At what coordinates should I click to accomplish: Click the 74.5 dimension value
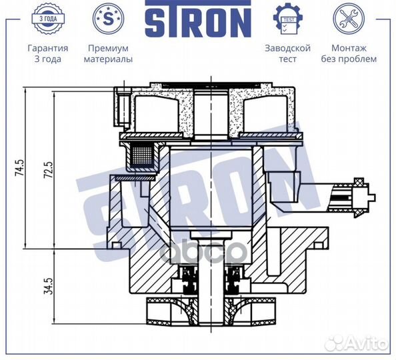[20, 168]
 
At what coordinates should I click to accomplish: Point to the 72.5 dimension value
[49, 170]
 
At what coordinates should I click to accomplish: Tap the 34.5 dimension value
[49, 285]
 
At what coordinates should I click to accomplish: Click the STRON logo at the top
[198, 19]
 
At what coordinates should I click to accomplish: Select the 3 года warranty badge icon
[48, 19]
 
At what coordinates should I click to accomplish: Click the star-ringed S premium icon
[108, 19]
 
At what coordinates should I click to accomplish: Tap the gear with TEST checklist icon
[288, 19]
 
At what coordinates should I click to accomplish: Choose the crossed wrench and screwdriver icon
[349, 19]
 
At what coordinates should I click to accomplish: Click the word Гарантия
[48, 48]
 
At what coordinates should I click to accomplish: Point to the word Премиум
[108, 48]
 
